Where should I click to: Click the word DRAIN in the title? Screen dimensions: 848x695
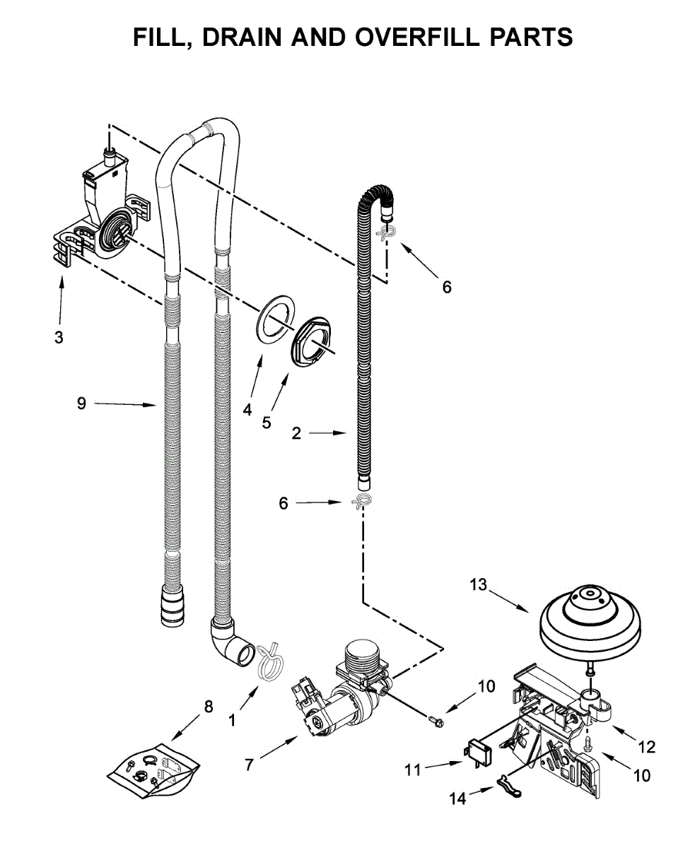(243, 36)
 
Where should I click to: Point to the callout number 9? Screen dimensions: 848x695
(81, 404)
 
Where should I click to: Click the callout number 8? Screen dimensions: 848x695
(208, 706)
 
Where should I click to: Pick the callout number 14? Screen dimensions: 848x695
(457, 799)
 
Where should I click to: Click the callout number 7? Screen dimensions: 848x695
(249, 764)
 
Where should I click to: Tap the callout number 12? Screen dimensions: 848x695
(646, 747)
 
